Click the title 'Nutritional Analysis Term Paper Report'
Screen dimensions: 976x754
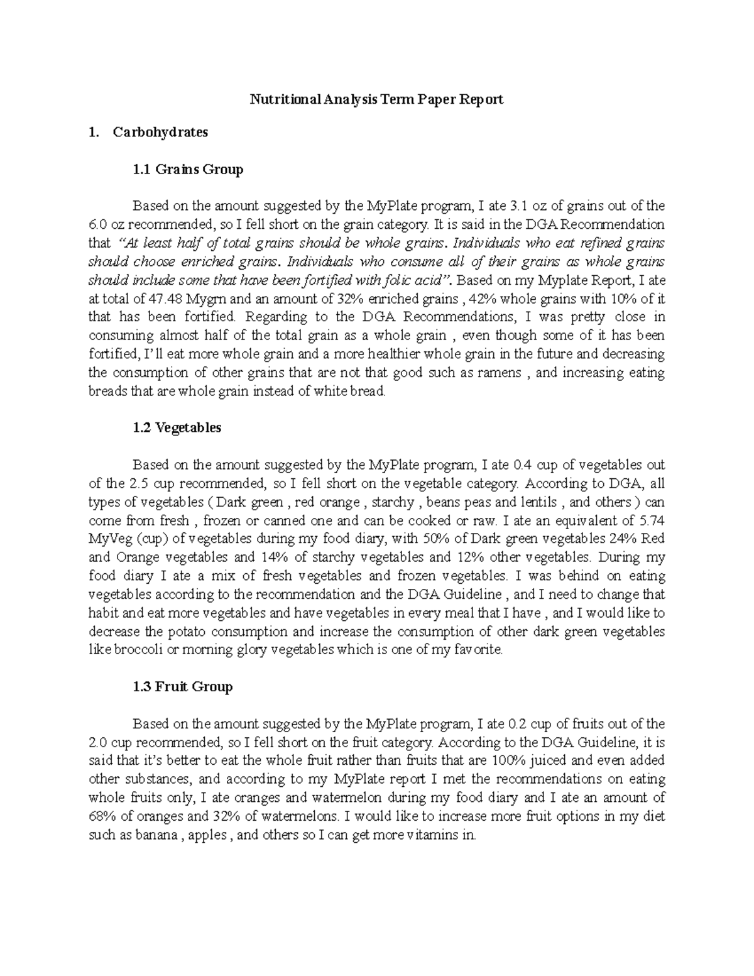point(377,99)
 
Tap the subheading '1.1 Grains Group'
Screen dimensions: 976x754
point(188,169)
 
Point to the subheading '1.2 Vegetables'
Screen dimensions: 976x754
point(177,428)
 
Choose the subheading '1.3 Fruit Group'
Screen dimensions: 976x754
point(183,687)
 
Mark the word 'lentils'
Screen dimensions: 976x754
point(537,502)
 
